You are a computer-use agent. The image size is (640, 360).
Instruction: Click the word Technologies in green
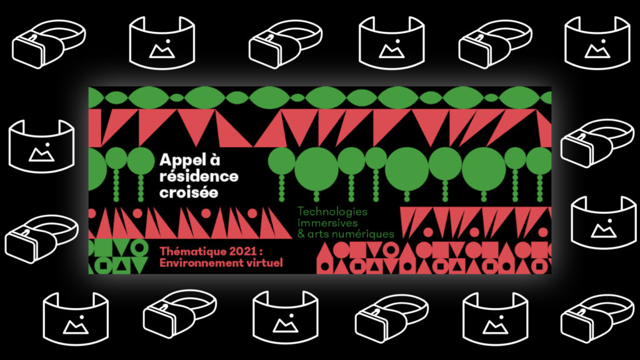pyautogui.click(x=332, y=212)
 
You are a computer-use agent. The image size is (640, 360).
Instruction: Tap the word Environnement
pyautogui.click(x=199, y=263)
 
